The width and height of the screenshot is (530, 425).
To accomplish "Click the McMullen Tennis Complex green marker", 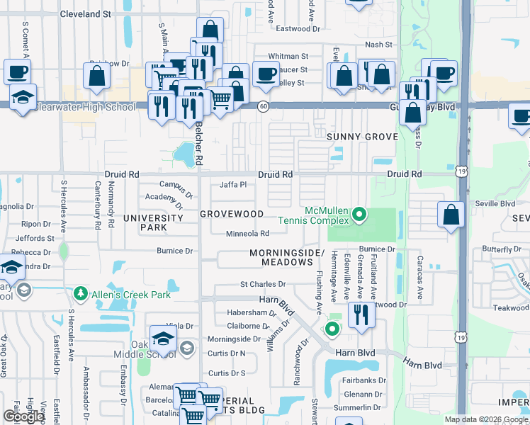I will pos(360,213).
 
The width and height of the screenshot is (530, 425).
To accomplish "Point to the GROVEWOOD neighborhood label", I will pos(231,214).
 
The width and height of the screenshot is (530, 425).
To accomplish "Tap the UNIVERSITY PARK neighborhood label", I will pos(145,223).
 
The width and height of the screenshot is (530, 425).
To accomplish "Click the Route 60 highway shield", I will pos(263,106).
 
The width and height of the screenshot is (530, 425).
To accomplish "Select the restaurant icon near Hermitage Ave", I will pos(362,315).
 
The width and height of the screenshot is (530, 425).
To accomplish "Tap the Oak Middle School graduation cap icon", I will pos(163,339).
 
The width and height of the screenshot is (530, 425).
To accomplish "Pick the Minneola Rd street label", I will pos(247,234).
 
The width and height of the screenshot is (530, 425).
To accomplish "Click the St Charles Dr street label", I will pos(262,285).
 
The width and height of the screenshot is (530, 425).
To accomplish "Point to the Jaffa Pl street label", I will pos(232,185).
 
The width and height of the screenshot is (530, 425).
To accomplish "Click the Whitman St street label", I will pos(288,56).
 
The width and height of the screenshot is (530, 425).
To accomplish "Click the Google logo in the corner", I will pos(23,416).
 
